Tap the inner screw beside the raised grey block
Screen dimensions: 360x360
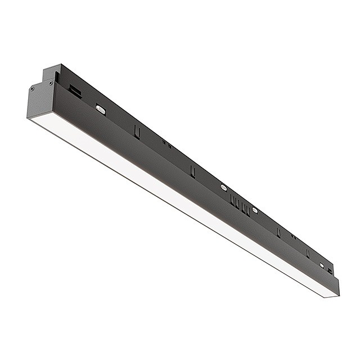pos(51,83)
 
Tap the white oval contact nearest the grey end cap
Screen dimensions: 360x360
pos(101,109)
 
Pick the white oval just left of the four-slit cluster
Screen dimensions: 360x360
pos(224,187)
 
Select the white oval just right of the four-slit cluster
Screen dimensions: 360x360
pos(255,210)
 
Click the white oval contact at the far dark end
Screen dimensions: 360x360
pos(322,265)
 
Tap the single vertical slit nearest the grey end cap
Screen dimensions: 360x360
pos(137,130)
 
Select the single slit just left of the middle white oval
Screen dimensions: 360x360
pos(192,170)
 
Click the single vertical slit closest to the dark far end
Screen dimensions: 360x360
pos(308,253)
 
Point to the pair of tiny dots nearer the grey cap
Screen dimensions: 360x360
pos(166,144)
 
